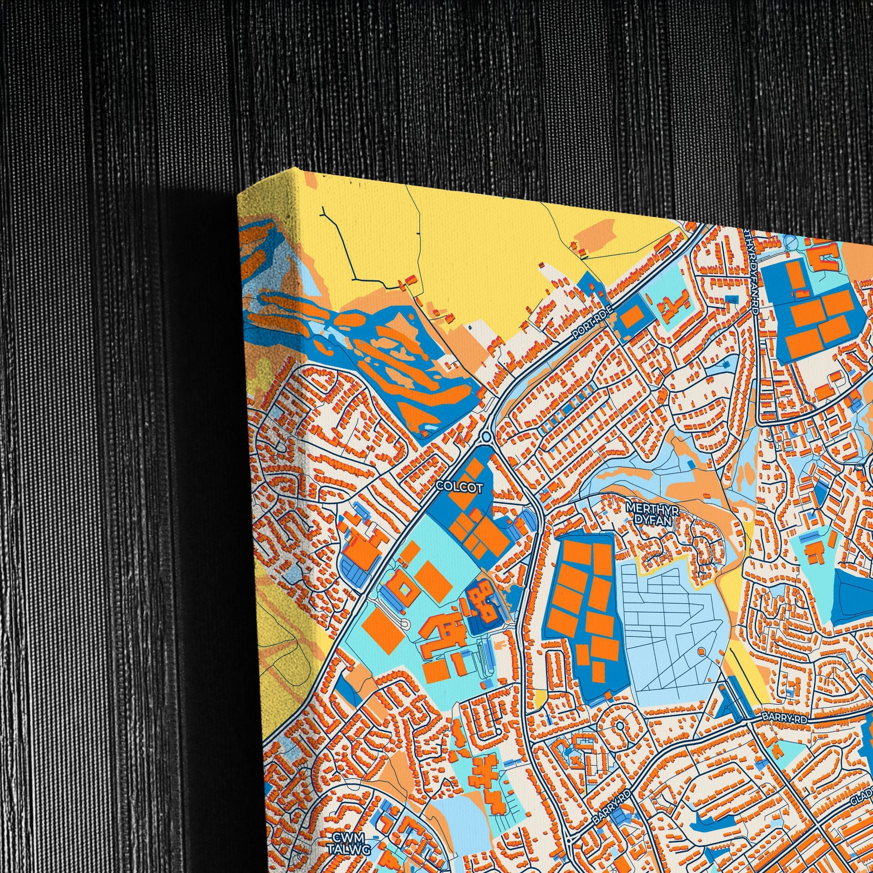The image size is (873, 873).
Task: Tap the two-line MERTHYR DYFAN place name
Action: [x=650, y=514]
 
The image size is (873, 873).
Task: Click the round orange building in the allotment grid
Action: [x=701, y=651]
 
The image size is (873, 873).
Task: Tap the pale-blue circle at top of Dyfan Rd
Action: [x=792, y=243]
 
